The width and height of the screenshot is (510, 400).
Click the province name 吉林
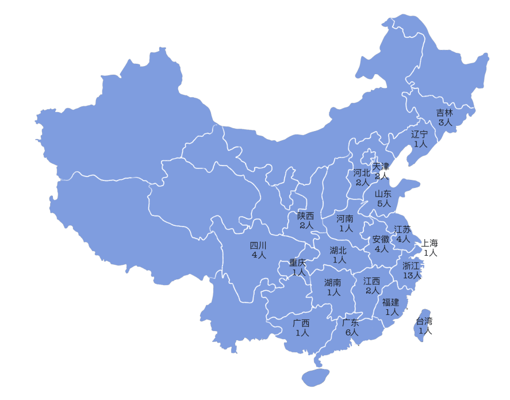[x=444, y=113]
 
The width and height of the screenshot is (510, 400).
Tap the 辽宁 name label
[x=420, y=134]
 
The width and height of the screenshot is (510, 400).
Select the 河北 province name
[x=362, y=173]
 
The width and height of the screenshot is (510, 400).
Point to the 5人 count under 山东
[x=384, y=203]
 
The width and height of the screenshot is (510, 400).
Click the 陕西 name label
[x=306, y=216]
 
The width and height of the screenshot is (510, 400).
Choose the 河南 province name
[x=345, y=218]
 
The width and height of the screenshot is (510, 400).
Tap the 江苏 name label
[x=402, y=229]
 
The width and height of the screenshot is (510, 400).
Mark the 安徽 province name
[x=381, y=239]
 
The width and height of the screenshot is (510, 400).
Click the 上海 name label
[x=430, y=243]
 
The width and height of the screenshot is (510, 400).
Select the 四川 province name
[x=258, y=245]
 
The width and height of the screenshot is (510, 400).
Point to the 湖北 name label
[x=338, y=250]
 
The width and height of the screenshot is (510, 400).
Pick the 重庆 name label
[x=298, y=263]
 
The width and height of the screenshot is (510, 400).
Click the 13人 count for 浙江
[x=412, y=275]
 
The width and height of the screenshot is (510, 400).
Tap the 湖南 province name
[x=333, y=282]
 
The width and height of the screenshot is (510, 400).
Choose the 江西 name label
[x=372, y=281]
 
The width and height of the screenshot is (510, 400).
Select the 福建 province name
[x=391, y=302]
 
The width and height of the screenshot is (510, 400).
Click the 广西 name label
[x=301, y=323]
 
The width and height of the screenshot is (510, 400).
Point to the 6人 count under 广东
[x=351, y=332]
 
